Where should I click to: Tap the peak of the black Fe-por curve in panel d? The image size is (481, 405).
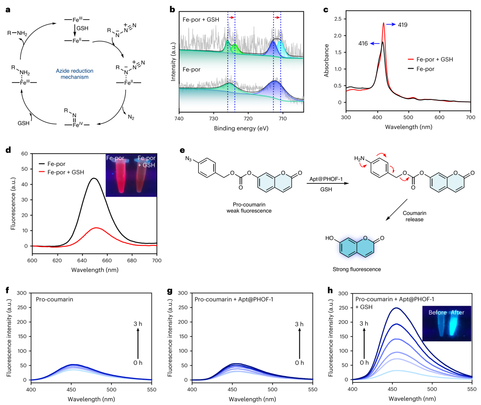coord(94,178)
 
